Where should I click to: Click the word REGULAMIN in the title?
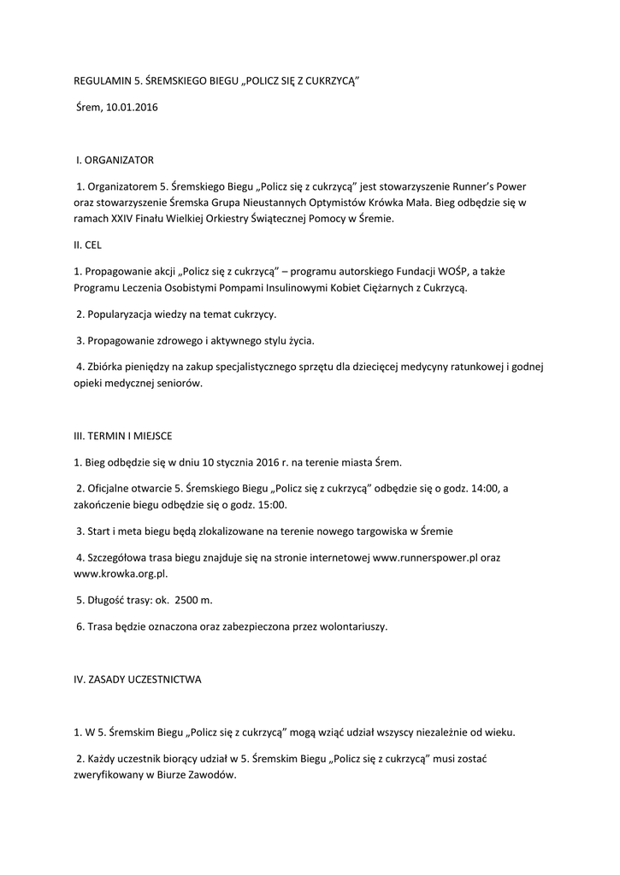pos(100,81)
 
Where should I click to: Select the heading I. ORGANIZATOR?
pos(115,160)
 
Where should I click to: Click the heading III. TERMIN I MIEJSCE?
pos(123,436)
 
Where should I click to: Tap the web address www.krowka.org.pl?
pos(120,574)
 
